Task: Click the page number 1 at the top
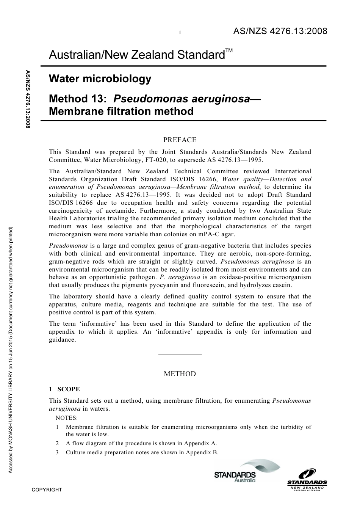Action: coord(180,33)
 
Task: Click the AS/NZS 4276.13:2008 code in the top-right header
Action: coord(280,31)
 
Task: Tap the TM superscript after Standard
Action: coord(229,51)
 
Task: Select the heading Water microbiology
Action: coord(100,79)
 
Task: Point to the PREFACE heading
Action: coord(180,140)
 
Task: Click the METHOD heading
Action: coord(180,374)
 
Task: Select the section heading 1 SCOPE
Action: coord(64,389)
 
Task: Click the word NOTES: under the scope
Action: coord(67,418)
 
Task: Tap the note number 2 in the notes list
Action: coord(57,443)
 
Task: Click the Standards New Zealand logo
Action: coord(307,479)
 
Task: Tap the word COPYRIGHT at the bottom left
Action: coord(47,490)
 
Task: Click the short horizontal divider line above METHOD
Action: coord(180,355)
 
